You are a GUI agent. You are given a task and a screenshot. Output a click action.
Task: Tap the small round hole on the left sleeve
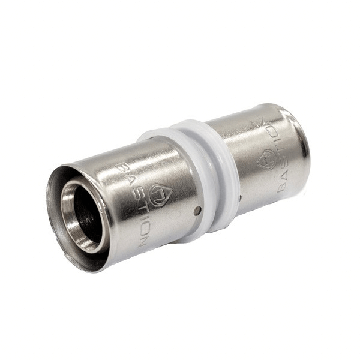[197, 211]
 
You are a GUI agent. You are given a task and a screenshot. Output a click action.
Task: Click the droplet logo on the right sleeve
[266, 159]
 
